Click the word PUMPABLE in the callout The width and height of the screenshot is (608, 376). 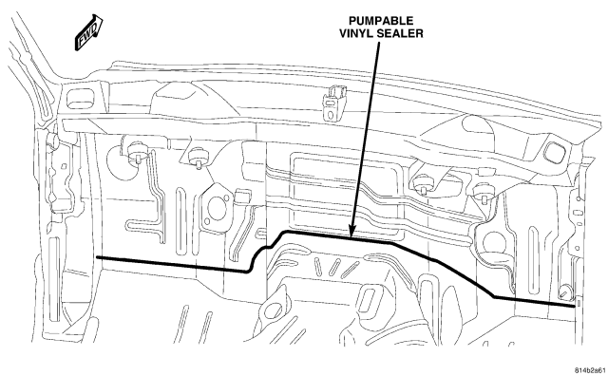pos(381,21)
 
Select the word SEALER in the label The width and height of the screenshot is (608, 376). pos(399,33)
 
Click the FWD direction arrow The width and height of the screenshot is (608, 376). pos(88,32)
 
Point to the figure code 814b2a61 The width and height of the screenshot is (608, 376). pos(589,370)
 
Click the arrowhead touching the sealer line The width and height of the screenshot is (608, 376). pos(352,232)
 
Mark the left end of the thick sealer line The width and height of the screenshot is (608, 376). pos(97,257)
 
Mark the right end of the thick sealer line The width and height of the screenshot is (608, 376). pos(574,306)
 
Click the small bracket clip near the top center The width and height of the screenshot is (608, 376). pos(333,103)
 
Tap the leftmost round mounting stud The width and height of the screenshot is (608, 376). pos(136,153)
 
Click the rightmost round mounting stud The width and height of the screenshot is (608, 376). pos(484,192)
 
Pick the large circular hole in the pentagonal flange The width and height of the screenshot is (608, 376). pos(217,209)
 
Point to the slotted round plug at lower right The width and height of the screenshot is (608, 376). pos(565,292)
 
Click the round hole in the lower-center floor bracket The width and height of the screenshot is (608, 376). pos(275,308)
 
